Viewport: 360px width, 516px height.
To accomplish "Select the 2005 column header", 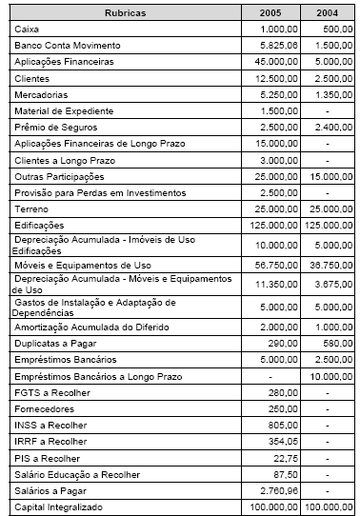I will (x=272, y=12).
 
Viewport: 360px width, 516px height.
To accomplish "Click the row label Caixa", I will (x=28, y=29).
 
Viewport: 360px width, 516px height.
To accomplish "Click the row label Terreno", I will (x=31, y=208).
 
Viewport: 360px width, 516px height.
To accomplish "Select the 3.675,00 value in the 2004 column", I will (x=331, y=282).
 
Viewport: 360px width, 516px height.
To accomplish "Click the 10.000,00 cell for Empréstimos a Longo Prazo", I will (x=329, y=378).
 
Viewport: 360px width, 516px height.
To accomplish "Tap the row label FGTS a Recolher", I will (x=47, y=394).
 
